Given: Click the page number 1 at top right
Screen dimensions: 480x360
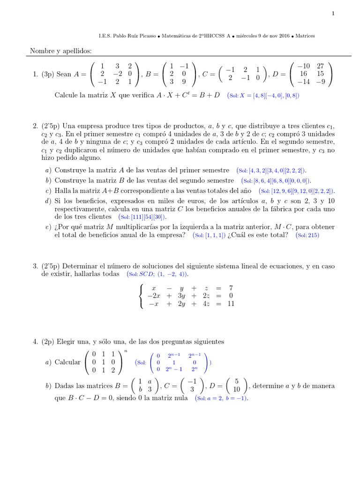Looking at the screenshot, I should point(333,14).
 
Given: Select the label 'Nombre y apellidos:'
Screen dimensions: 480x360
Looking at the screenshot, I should point(61,50).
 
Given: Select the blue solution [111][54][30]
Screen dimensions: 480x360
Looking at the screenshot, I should point(143,217).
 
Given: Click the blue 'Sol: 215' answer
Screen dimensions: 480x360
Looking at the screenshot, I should point(307,235).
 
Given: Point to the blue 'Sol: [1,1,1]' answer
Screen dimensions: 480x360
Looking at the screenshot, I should point(209,235).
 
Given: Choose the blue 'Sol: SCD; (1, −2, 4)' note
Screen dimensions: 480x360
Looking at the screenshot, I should point(161,274).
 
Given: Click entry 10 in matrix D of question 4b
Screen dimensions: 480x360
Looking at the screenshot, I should point(236,389).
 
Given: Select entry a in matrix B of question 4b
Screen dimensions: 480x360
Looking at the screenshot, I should point(150,381).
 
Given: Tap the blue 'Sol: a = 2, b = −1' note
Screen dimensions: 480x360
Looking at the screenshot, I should point(222,398).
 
